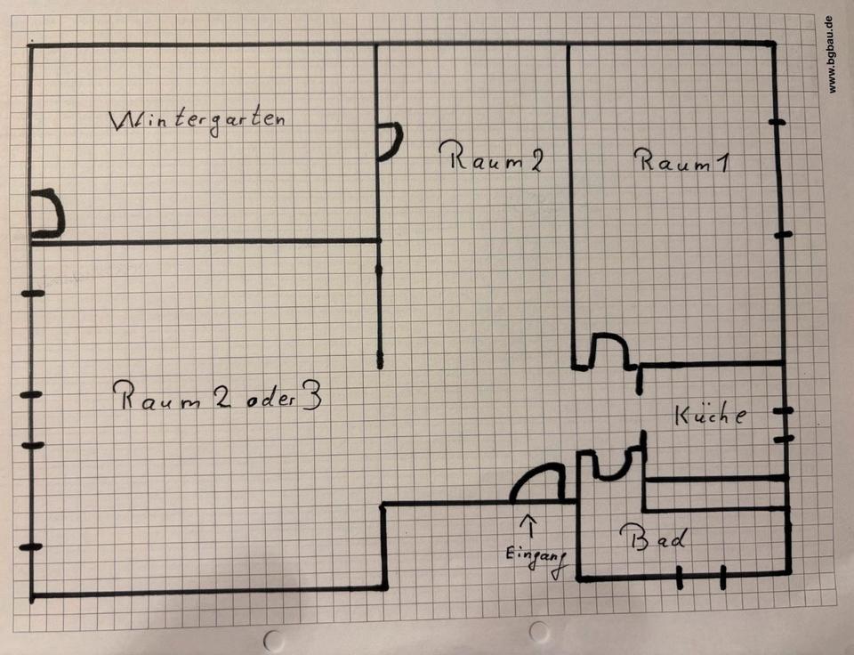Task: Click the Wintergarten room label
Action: [x=197, y=120]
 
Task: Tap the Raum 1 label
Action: [x=682, y=162]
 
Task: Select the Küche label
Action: [x=709, y=415]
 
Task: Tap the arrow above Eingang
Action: [x=532, y=523]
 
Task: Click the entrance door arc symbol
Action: [x=537, y=485]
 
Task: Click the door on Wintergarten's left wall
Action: [x=47, y=214]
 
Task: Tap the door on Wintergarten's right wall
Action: [x=389, y=142]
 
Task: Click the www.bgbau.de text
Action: [x=832, y=53]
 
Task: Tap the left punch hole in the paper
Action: [x=273, y=639]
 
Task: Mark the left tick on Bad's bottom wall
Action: [x=680, y=578]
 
